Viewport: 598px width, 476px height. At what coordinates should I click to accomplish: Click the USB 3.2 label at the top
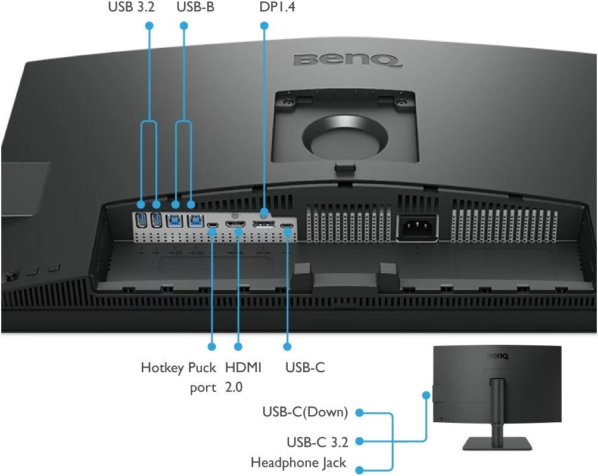[x=131, y=7]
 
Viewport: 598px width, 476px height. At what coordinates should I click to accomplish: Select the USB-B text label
[x=195, y=7]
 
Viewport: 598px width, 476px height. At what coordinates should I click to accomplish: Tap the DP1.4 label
[x=278, y=7]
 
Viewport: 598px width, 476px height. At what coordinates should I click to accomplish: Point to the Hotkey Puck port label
[x=179, y=378]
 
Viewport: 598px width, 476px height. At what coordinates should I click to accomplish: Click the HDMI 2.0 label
[x=243, y=378]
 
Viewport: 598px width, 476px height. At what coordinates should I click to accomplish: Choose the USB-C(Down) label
[x=305, y=412]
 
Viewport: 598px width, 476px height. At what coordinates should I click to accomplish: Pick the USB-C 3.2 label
[x=317, y=442]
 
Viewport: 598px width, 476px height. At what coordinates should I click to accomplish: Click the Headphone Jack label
[x=298, y=463]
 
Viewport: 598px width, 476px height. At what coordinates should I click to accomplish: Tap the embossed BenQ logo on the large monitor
[x=347, y=60]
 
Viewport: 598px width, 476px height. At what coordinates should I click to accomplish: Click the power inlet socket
[x=418, y=227]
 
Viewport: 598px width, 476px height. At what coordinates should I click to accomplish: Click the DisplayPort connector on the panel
[x=263, y=224]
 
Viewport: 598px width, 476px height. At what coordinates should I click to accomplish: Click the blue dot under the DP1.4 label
[x=264, y=26]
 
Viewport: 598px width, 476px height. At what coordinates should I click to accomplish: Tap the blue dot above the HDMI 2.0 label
[x=238, y=347]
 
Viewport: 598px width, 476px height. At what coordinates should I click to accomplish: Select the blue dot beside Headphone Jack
[x=359, y=470]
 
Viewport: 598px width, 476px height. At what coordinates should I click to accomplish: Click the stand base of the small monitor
[x=497, y=444]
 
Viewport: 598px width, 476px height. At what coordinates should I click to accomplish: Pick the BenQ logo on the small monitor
[x=498, y=356]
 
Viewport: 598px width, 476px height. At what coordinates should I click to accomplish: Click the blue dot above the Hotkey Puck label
[x=212, y=347]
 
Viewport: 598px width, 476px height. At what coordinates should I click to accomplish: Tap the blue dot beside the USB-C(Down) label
[x=359, y=413]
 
